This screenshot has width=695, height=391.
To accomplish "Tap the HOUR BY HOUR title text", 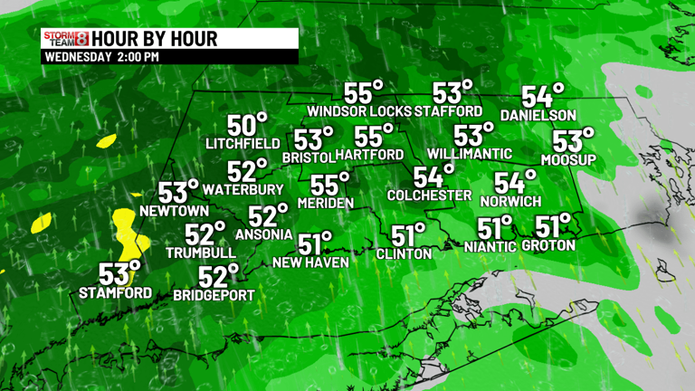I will tap(155, 39).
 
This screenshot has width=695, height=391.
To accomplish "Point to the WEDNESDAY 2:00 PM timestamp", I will tap(101, 57).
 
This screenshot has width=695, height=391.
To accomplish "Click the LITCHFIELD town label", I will tap(242, 144).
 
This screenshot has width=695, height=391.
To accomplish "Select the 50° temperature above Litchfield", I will tap(247, 126).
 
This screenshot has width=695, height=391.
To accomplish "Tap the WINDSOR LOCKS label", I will tap(358, 111).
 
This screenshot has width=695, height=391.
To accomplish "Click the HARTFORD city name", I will tap(372, 155).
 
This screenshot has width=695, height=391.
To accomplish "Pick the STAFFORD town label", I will tap(449, 111).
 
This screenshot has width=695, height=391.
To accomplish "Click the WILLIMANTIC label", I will tap(470, 153).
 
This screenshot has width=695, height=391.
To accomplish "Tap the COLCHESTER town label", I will tap(429, 195).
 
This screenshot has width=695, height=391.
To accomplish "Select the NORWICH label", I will tap(511, 200).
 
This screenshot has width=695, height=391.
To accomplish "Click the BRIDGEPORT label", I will tap(214, 295).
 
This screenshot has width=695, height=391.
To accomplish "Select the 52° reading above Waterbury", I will tap(246, 171).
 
